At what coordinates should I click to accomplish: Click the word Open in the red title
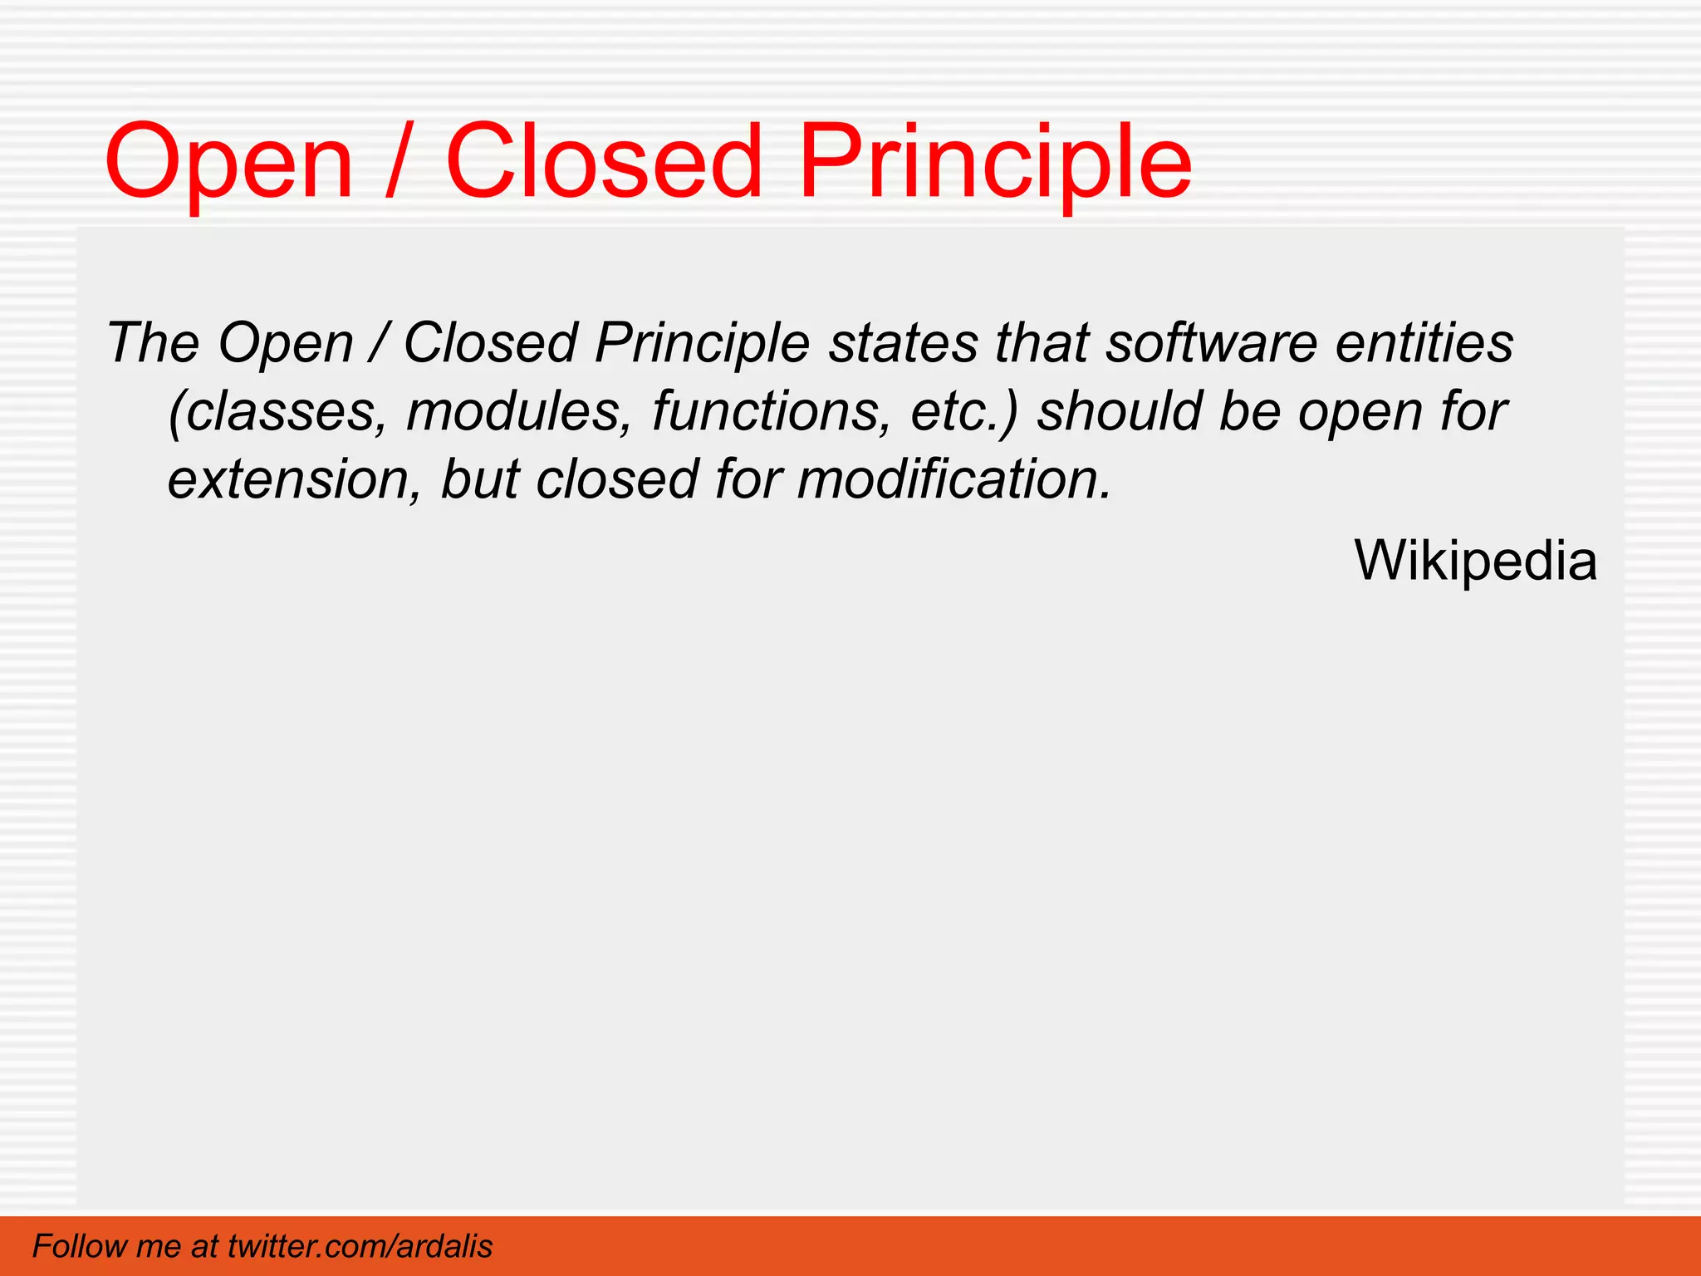[x=228, y=164]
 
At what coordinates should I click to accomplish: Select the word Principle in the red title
[x=994, y=164]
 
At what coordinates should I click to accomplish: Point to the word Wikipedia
[x=1475, y=561]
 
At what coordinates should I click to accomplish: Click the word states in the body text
[x=903, y=343]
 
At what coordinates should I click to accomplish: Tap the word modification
[x=953, y=479]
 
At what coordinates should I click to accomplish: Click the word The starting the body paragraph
[x=153, y=343]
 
